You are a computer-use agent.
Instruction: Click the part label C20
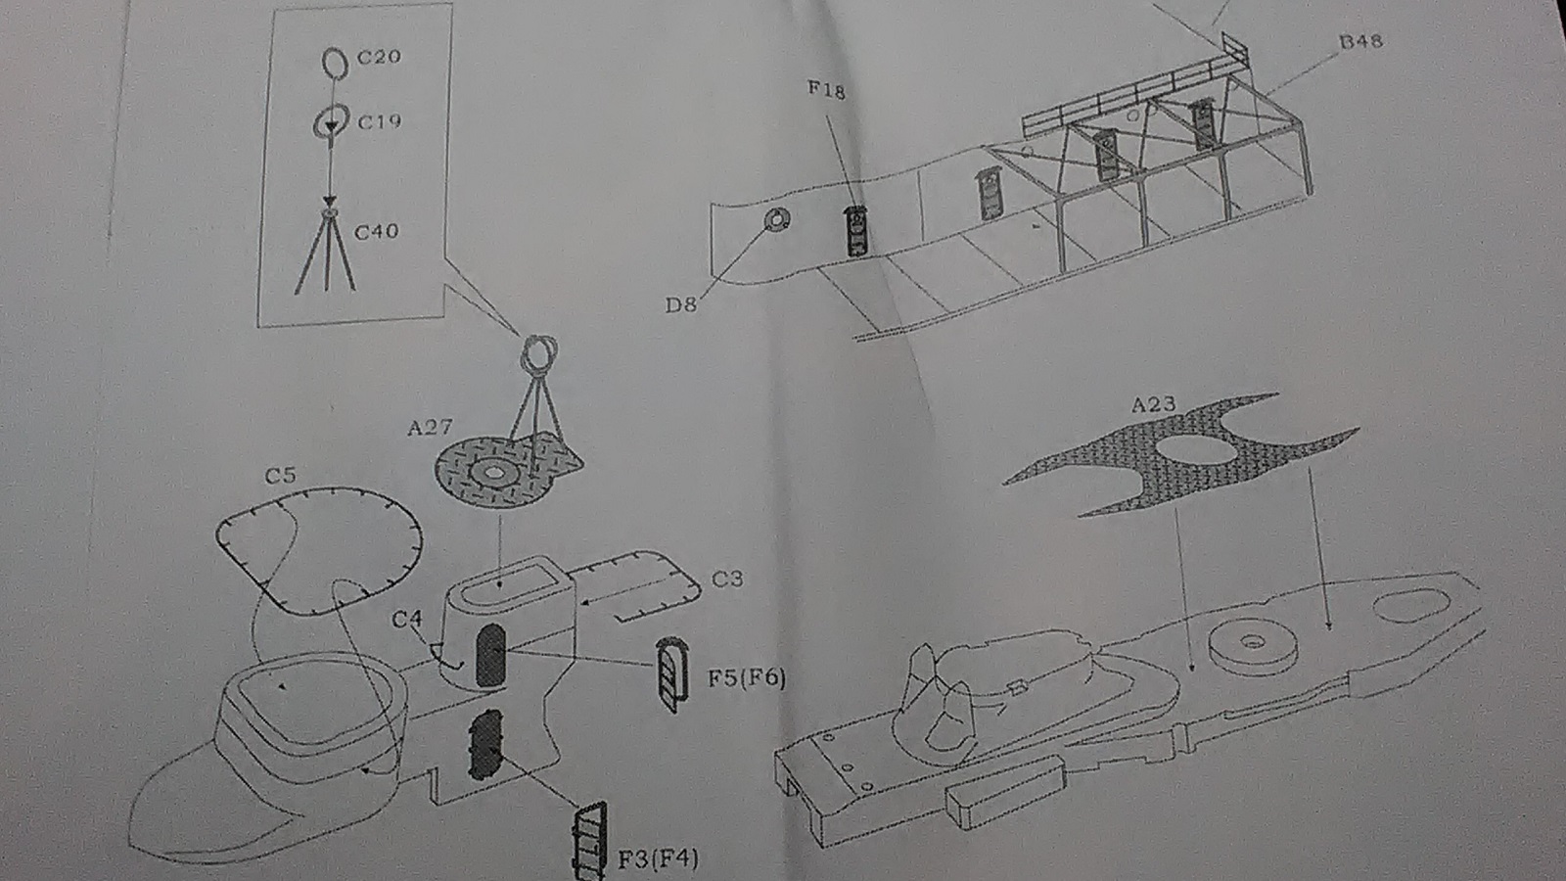click(x=379, y=57)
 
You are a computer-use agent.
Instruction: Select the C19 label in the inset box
click(x=380, y=122)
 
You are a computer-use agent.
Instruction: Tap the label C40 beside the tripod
click(x=377, y=232)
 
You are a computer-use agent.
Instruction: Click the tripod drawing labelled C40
click(x=326, y=253)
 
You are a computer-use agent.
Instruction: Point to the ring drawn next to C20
click(x=335, y=63)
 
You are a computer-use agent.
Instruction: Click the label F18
click(x=826, y=90)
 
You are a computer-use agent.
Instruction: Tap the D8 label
click(x=681, y=304)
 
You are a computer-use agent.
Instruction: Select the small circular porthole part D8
click(x=775, y=221)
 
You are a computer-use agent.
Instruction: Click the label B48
click(x=1360, y=41)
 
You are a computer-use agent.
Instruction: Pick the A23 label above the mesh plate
click(x=1153, y=404)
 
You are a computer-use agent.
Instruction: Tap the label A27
click(x=430, y=428)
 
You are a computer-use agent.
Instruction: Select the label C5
click(x=280, y=476)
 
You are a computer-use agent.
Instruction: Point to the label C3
click(x=726, y=580)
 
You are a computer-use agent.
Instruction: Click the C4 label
click(x=407, y=620)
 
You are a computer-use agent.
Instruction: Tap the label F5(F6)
click(x=747, y=677)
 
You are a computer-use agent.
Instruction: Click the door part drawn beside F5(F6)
click(x=670, y=674)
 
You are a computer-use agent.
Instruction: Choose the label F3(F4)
click(x=658, y=859)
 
